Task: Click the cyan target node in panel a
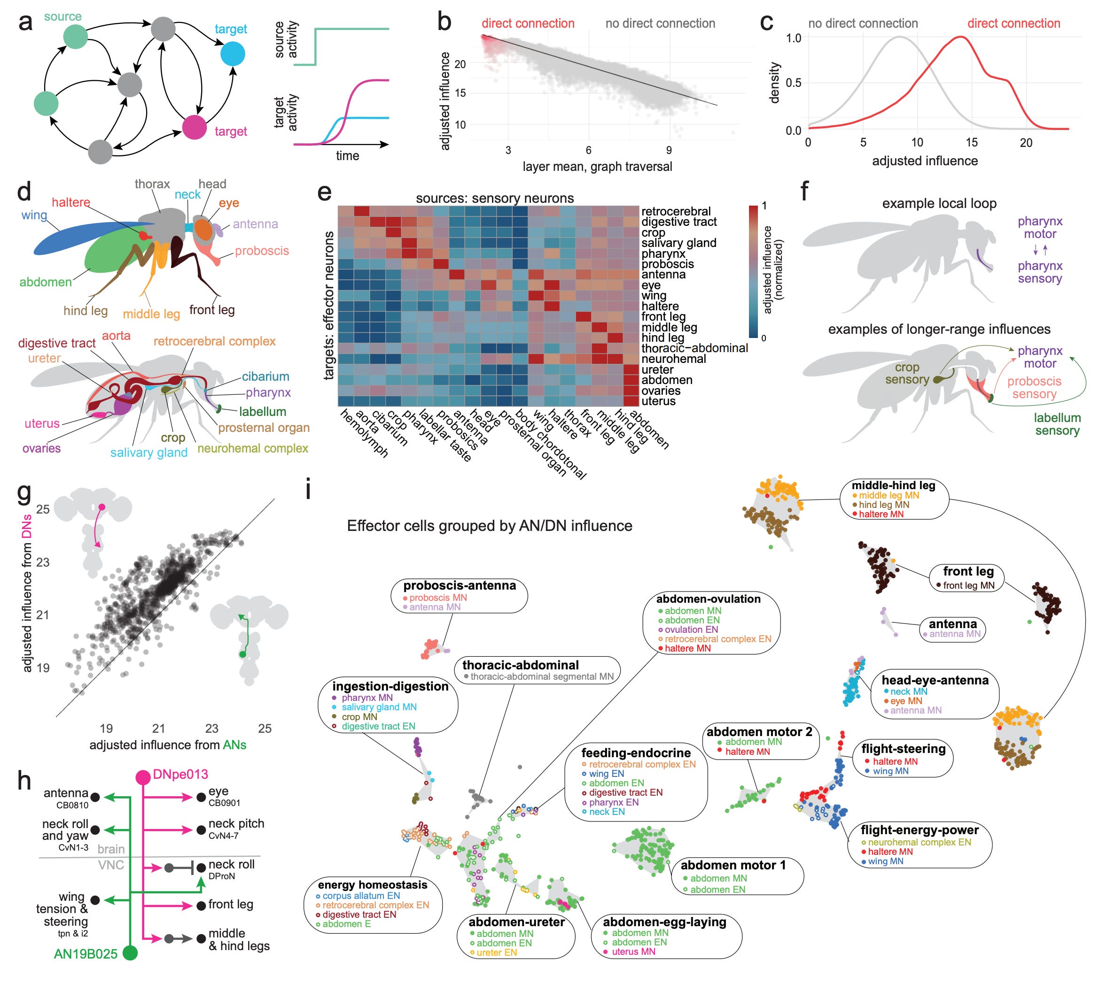pyautogui.click(x=232, y=54)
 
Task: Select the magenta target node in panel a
pyautogui.click(x=194, y=127)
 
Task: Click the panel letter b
pyautogui.click(x=444, y=22)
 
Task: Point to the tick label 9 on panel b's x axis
pyautogui.click(x=669, y=150)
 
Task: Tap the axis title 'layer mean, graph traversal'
pyautogui.click(x=597, y=167)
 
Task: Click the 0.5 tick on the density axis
pyautogui.click(x=794, y=83)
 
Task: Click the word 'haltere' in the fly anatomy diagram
pyautogui.click(x=71, y=202)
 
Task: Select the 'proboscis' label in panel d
pyautogui.click(x=262, y=251)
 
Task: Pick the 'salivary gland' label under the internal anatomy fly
pyautogui.click(x=149, y=453)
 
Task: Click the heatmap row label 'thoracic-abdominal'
pyautogui.click(x=694, y=348)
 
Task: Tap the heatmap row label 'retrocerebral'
pyautogui.click(x=676, y=212)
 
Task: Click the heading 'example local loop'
pyautogui.click(x=939, y=203)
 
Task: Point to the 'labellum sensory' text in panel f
pyautogui.click(x=1057, y=424)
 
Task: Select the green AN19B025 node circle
pyautogui.click(x=130, y=952)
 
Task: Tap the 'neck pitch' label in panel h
pyautogui.click(x=236, y=824)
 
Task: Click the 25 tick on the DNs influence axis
pyautogui.click(x=43, y=509)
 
